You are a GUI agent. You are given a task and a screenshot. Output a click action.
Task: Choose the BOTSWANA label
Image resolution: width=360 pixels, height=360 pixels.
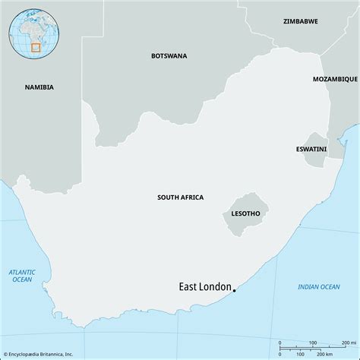(169, 55)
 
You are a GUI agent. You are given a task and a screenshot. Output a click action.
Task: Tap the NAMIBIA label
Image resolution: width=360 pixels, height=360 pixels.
(39, 87)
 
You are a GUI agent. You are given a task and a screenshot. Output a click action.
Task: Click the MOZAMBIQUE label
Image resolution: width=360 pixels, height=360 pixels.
(335, 79)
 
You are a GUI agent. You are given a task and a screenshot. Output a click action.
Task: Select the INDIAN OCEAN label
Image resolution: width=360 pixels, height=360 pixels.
(318, 286)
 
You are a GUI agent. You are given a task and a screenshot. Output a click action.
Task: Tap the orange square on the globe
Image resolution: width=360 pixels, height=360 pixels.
(35, 46)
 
